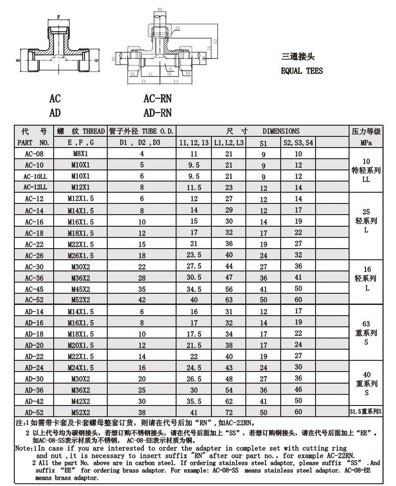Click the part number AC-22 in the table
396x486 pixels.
click(x=34, y=244)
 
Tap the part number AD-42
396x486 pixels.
click(x=34, y=401)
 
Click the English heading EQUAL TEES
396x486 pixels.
click(x=302, y=71)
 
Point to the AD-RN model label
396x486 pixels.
click(x=157, y=113)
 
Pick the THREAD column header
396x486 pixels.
click(x=80, y=131)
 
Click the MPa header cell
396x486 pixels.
click(x=366, y=143)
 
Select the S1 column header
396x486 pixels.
click(x=263, y=143)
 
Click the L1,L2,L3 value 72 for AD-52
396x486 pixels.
click(x=228, y=412)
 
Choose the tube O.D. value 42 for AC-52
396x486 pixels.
click(x=142, y=300)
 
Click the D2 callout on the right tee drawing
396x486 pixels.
click(x=160, y=9)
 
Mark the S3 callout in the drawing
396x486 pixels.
click(x=177, y=28)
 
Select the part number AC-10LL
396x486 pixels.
click(x=34, y=176)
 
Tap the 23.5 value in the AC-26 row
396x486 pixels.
click(x=194, y=255)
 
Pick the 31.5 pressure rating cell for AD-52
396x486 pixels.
click(x=365, y=412)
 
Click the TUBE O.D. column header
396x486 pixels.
click(x=142, y=131)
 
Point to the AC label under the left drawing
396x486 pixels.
click(x=55, y=98)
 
